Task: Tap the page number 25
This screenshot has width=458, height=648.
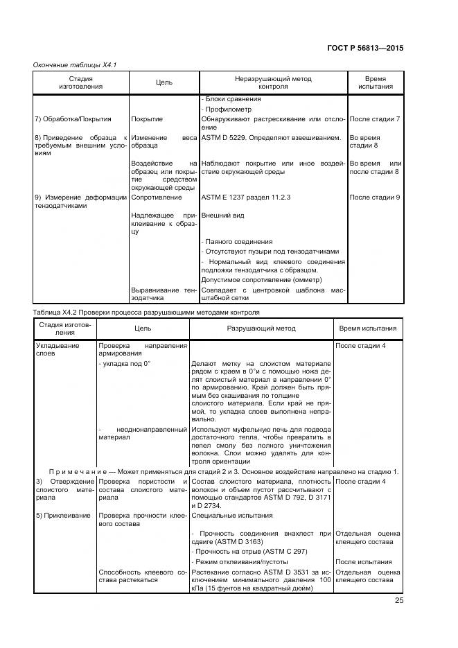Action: click(x=398, y=600)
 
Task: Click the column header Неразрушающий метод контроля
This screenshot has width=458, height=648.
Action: click(x=273, y=83)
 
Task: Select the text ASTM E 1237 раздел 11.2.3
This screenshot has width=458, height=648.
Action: click(x=245, y=198)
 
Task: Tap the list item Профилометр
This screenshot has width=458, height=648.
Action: click(x=227, y=110)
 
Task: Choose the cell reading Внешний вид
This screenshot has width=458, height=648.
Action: click(x=222, y=216)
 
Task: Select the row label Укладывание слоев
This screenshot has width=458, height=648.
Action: click(x=57, y=349)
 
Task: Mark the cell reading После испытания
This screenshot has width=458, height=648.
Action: click(x=363, y=561)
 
